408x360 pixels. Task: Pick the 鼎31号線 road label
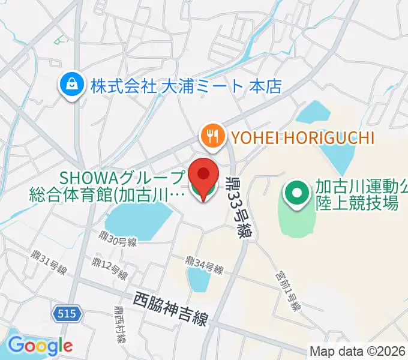pyautogui.click(x=49, y=262)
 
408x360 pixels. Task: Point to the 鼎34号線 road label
pyautogui.click(x=203, y=265)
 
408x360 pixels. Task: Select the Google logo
pyautogui.click(x=40, y=346)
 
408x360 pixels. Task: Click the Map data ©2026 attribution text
pyautogui.click(x=358, y=351)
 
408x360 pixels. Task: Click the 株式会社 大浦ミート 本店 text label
pyautogui.click(x=186, y=86)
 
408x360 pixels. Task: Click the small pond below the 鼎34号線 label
pyautogui.click(x=197, y=279)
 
